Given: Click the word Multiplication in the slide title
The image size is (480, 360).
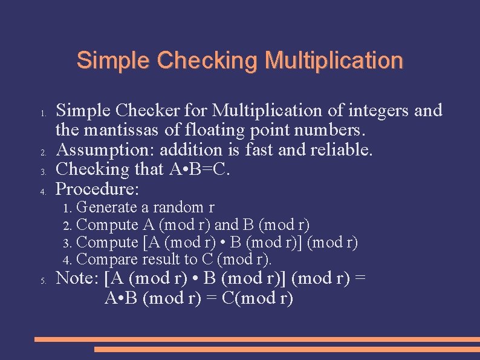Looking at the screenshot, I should [x=333, y=61].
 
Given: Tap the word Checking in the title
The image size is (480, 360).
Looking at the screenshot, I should [x=207, y=61].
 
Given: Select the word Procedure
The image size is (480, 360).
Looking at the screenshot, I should [x=97, y=189].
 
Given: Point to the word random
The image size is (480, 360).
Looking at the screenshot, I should [x=178, y=208].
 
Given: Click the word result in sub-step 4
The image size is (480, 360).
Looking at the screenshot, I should [x=161, y=260].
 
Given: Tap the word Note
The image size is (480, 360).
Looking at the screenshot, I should [x=77, y=279].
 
